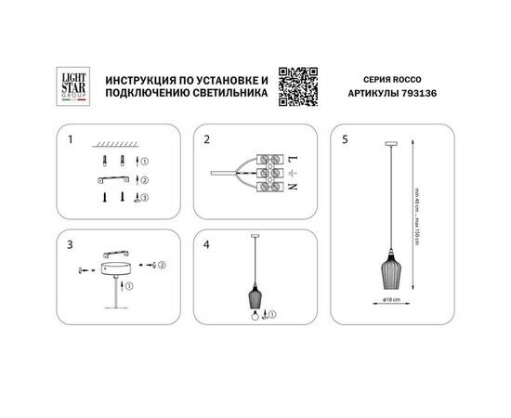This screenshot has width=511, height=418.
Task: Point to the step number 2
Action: pos(209,141)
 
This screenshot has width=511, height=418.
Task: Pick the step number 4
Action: pos(209,245)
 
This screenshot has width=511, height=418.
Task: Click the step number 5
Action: pos(347,141)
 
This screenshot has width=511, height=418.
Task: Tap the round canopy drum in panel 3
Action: pos(118,268)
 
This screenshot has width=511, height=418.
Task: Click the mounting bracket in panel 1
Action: pos(117,178)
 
